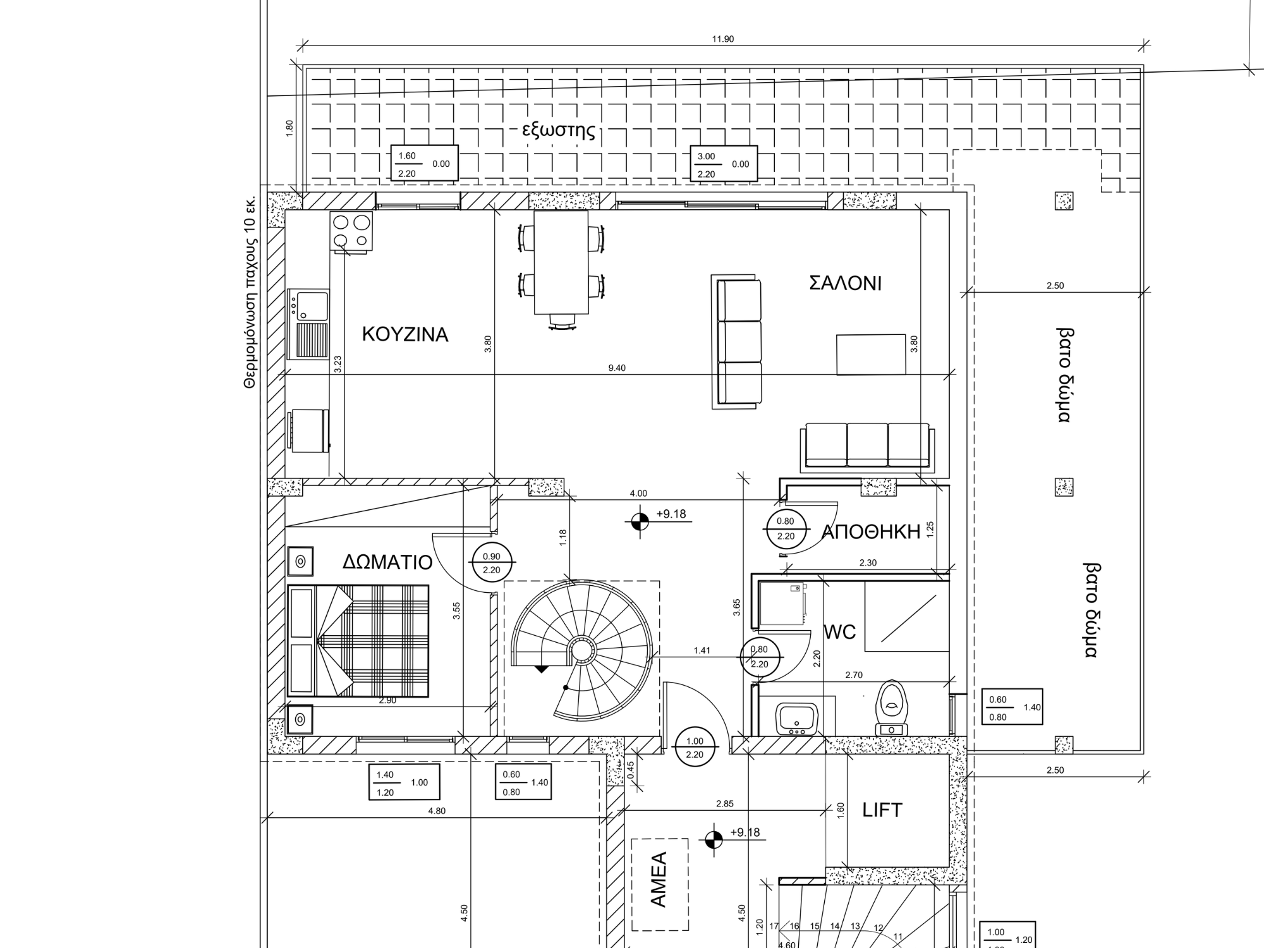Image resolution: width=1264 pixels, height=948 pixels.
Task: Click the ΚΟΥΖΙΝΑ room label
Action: (x=405, y=334)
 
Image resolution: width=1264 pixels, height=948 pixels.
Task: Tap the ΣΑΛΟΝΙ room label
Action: (x=845, y=283)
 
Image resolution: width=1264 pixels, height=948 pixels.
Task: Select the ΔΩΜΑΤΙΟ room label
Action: (x=387, y=562)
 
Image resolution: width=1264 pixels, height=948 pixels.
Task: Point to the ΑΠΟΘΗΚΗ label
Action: (x=870, y=532)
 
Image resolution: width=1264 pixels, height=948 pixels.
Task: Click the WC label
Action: (x=840, y=631)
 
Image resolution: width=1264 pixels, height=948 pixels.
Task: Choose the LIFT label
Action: (x=882, y=810)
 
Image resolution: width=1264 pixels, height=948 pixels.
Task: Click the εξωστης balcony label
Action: (x=559, y=131)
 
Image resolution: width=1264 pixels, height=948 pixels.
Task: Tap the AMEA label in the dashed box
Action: (x=659, y=879)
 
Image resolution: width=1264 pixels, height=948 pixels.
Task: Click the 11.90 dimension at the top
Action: (x=723, y=39)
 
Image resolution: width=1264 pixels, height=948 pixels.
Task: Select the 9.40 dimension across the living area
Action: (x=617, y=368)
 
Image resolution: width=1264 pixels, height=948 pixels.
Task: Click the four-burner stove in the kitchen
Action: (x=351, y=231)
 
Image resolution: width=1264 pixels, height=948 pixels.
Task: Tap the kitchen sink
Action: (x=308, y=324)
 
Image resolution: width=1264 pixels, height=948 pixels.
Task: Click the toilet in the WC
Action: (x=891, y=708)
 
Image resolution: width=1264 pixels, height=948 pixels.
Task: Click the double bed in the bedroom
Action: (x=358, y=641)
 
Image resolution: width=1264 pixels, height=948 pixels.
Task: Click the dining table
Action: (x=561, y=262)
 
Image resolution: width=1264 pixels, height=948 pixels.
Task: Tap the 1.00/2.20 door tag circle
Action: (x=695, y=748)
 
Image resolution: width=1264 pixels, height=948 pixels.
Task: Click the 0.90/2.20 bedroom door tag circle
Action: (x=492, y=563)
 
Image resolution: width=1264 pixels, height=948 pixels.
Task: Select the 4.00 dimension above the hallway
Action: (x=638, y=494)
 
